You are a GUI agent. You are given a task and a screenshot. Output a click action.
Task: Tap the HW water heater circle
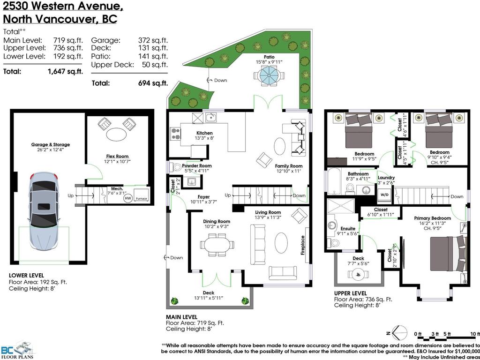pos(127,198)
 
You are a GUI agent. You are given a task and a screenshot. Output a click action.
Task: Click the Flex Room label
pos(117,156)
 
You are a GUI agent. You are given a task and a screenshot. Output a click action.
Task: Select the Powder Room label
pos(196,165)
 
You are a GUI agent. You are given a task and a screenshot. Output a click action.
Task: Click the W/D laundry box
pos(383,194)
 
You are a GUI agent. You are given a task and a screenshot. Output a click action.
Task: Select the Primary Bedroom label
pos(432,218)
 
